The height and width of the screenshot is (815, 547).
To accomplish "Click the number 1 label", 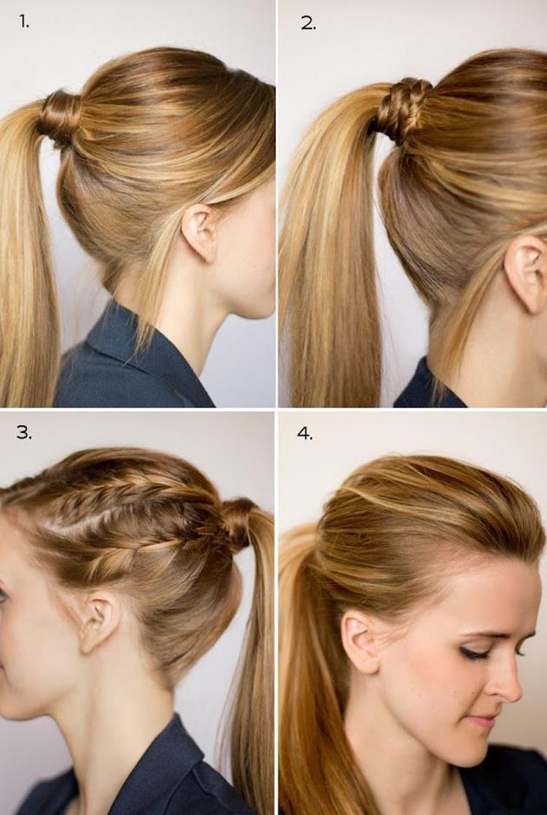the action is pyautogui.click(x=24, y=21).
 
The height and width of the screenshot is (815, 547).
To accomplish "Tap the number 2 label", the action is pyautogui.click(x=309, y=23).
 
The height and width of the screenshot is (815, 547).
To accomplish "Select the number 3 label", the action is pyautogui.click(x=24, y=432).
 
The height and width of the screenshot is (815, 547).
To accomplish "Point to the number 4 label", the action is pyautogui.click(x=305, y=434).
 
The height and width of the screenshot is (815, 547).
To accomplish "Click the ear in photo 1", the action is pyautogui.click(x=201, y=232).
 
